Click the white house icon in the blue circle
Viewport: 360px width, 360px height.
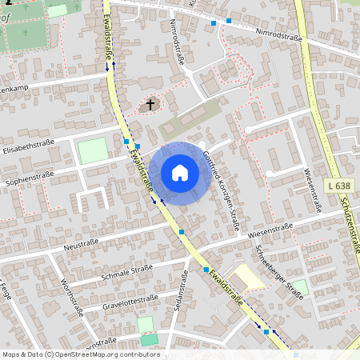pyautogui.click(x=180, y=173)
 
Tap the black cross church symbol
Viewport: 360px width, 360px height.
pyautogui.click(x=149, y=105)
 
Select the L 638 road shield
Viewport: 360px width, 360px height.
pyautogui.click(x=339, y=186)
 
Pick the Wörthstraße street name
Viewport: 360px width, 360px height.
pyautogui.click(x=72, y=298)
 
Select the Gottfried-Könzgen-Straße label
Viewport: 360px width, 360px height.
pyautogui.click(x=222, y=190)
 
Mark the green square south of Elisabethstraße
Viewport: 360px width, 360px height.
pyautogui.click(x=93, y=151)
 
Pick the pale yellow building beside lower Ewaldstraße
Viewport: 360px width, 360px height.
pyautogui.click(x=250, y=277)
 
